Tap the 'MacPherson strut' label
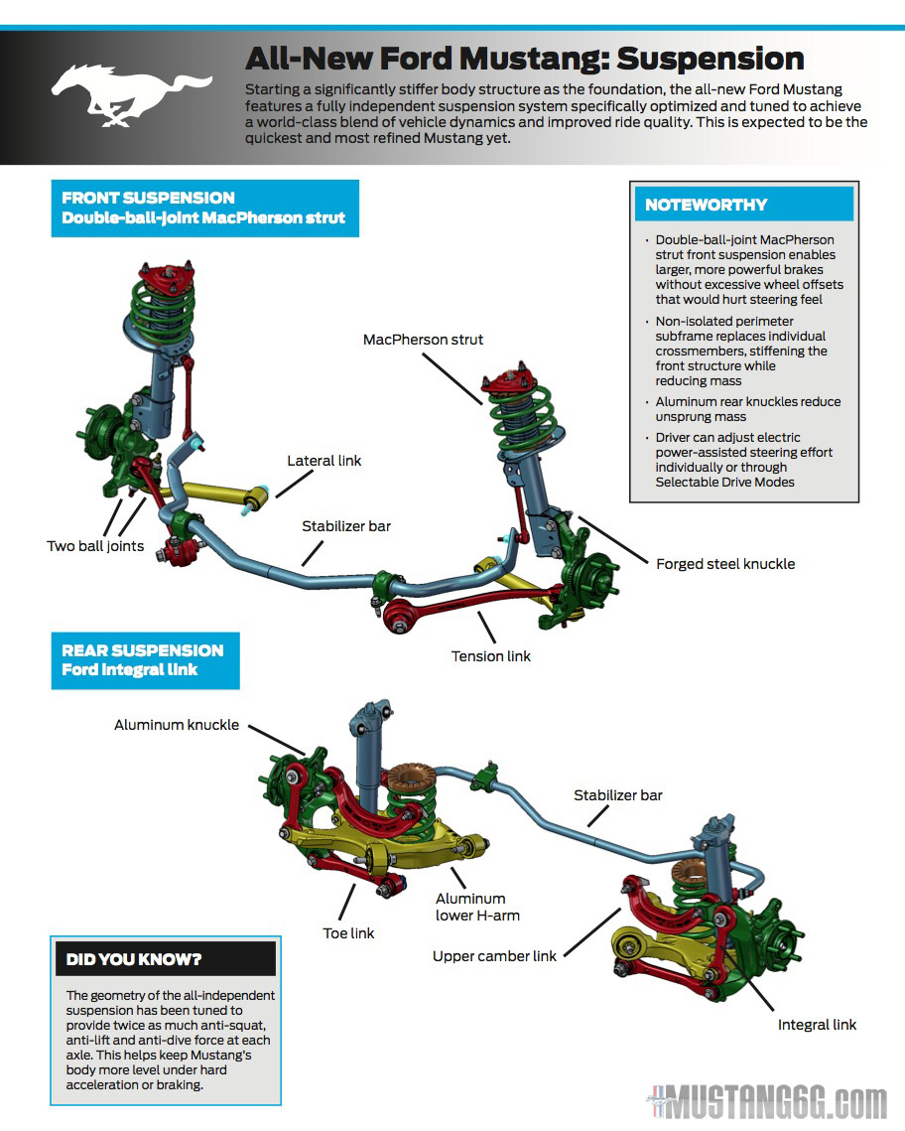(x=423, y=340)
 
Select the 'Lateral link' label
(x=324, y=461)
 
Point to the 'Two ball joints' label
(x=95, y=546)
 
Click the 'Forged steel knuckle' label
(x=725, y=564)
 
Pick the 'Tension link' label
(x=491, y=656)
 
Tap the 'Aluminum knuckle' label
(x=177, y=725)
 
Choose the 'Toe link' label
(x=349, y=933)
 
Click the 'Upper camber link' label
(x=495, y=956)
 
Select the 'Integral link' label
(x=817, y=1025)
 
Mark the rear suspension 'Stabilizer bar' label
(x=618, y=795)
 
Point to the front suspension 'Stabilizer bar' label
(x=346, y=526)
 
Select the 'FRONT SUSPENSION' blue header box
(x=204, y=208)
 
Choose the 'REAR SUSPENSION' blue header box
(x=145, y=660)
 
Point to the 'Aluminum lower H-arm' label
(x=477, y=907)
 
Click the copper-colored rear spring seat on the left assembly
(x=409, y=777)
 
